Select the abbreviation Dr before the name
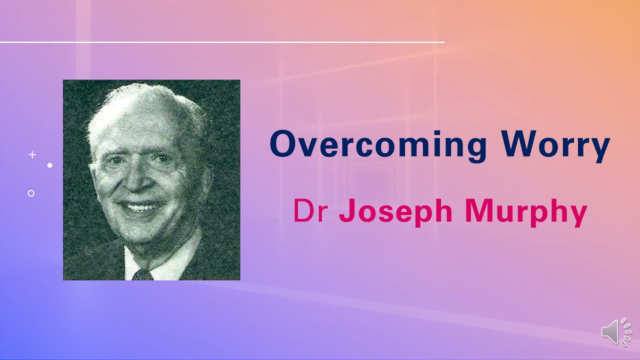coord(310,210)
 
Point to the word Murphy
coord(526,211)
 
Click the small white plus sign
coord(32,155)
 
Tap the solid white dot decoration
coord(50,165)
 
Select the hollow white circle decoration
coord(31,193)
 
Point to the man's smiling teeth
coord(140,206)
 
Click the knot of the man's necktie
coord(142,274)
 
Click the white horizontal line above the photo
coord(222,42)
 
